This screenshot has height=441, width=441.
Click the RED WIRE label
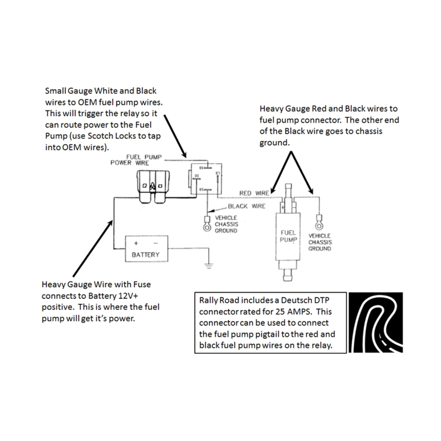point(254,193)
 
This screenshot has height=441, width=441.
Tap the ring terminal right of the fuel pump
point(318,225)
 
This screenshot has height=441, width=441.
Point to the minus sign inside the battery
point(154,243)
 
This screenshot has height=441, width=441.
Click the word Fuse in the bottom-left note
point(140,285)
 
